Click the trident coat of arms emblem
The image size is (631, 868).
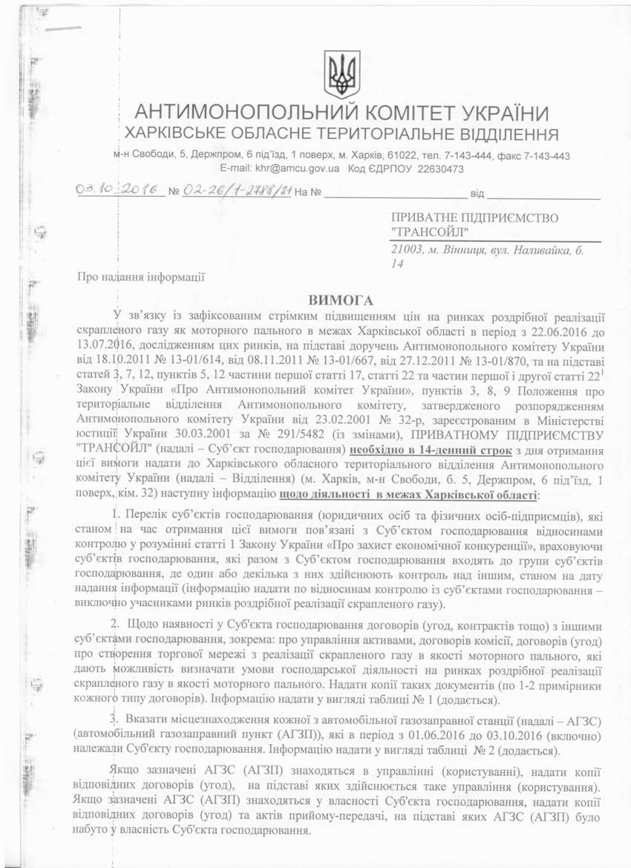(342, 74)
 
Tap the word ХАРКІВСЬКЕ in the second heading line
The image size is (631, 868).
(189, 135)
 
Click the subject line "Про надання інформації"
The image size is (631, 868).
(141, 277)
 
